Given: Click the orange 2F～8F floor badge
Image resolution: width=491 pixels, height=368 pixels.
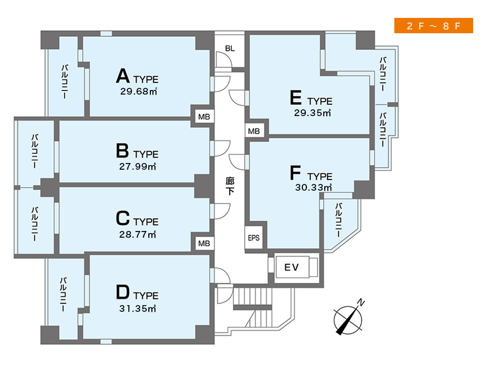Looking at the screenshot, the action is click(433, 26).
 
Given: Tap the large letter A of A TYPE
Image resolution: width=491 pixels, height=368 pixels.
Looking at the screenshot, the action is click(123, 76).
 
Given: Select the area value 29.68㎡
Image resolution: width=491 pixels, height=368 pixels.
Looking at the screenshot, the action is click(139, 91).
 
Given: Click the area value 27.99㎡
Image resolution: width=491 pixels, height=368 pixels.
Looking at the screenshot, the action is click(138, 167).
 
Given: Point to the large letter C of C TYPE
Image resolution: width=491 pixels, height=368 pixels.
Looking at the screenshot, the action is click(123, 218).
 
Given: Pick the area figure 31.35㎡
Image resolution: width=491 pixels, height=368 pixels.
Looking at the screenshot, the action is click(138, 309).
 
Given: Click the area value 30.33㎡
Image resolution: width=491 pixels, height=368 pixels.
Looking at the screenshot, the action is click(314, 188).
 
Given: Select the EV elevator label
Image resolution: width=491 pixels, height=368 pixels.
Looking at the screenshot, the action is click(292, 267).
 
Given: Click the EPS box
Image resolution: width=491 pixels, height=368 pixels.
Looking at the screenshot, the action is click(254, 238).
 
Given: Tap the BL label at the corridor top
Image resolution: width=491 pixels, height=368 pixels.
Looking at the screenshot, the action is click(230, 48).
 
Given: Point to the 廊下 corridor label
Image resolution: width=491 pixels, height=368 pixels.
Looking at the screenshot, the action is click(230, 186).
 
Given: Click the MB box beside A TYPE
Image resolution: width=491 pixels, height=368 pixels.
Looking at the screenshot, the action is click(204, 117).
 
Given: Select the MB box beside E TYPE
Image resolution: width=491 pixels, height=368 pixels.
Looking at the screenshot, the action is click(254, 131).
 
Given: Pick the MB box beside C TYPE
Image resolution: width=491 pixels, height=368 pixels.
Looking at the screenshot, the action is click(204, 243).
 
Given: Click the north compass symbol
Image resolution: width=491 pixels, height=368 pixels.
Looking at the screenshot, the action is click(348, 318).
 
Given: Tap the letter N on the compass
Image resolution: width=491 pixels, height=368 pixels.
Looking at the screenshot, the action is click(361, 303).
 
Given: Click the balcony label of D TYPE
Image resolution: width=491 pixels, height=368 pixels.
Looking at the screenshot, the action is click(63, 294).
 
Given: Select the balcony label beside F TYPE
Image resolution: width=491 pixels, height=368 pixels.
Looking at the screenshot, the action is click(339, 220).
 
